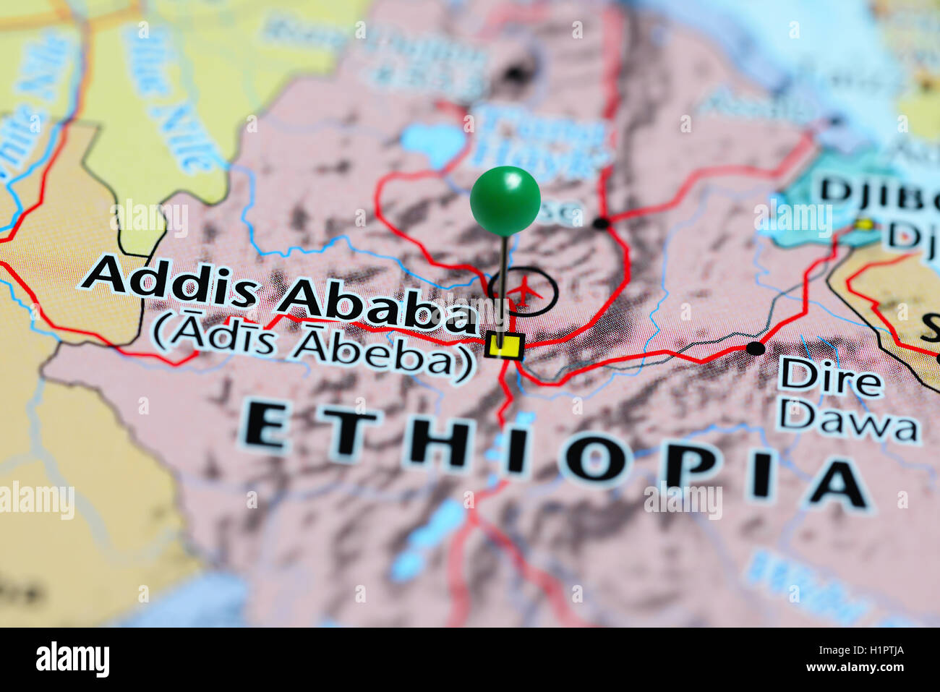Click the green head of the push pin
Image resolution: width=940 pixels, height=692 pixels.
tap(505, 200)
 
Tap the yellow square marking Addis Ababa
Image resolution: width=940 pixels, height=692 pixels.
tap(505, 346)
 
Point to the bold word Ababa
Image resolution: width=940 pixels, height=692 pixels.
tap(376, 307)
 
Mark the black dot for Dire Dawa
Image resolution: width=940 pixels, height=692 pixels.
tap(755, 349)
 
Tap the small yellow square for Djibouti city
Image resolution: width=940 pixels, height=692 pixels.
tap(861, 225)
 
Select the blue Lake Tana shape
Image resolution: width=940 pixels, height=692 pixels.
tap(432, 142)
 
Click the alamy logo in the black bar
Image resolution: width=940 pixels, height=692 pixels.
tap(72, 659)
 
